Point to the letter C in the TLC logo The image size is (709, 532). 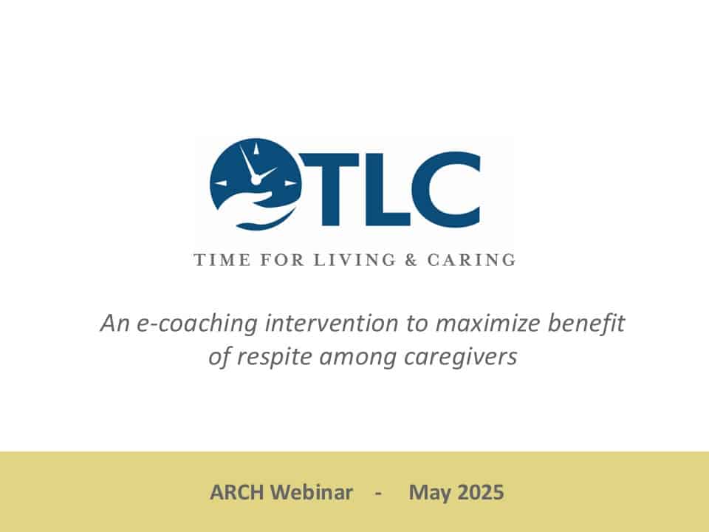click(445, 189)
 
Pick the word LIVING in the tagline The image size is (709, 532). click(355, 260)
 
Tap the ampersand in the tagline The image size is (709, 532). click(411, 260)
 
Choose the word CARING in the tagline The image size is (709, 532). click(471, 260)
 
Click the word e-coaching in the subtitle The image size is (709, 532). click(197, 324)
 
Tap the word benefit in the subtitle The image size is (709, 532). click(586, 323)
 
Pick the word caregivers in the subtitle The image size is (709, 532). click(460, 357)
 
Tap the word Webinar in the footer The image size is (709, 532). click(313, 492)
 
